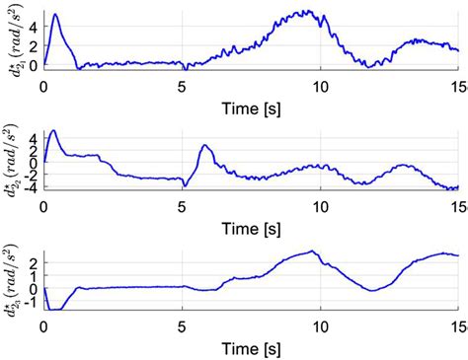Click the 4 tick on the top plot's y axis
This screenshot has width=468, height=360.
(34, 27)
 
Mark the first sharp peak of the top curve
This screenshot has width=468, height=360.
(54, 15)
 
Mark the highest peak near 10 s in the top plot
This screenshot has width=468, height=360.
(310, 12)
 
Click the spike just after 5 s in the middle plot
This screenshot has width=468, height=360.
(204, 146)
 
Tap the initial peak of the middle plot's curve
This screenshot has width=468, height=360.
(52, 130)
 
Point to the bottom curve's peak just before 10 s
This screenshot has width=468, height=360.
(313, 251)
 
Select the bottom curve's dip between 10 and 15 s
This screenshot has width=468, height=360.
(369, 290)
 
